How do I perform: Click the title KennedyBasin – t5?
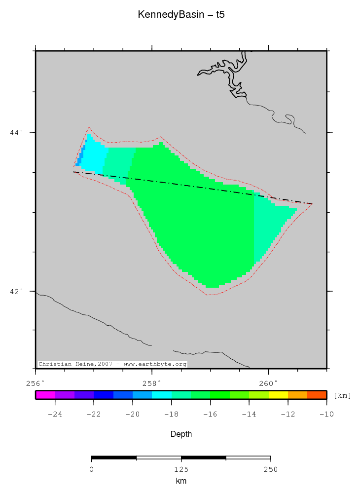click(181, 15)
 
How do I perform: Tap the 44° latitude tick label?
click(17, 132)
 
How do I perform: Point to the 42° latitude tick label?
click(17, 291)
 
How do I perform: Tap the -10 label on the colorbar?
click(326, 414)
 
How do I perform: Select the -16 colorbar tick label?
click(210, 414)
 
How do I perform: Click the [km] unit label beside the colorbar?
click(342, 395)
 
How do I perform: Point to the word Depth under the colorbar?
click(181, 434)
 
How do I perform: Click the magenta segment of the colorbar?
click(45, 395)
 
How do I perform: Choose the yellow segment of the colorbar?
click(278, 395)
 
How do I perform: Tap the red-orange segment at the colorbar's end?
click(317, 395)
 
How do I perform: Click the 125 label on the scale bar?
click(181, 469)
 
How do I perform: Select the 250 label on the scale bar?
click(270, 469)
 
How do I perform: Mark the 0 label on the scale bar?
click(92, 469)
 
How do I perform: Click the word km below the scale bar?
click(181, 481)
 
